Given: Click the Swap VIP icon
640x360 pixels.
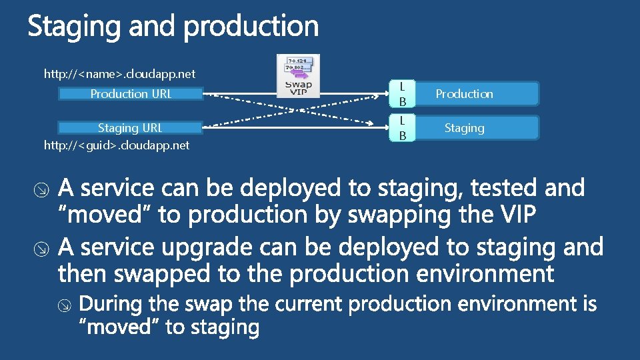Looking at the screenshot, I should pyautogui.click(x=298, y=75).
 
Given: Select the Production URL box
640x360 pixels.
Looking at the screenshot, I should pyautogui.click(x=131, y=94).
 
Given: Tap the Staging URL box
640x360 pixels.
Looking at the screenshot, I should pyautogui.click(x=131, y=127).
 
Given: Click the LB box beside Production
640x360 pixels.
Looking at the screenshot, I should pyautogui.click(x=402, y=94).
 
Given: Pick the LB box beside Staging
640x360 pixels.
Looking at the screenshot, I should pyautogui.click(x=402, y=127).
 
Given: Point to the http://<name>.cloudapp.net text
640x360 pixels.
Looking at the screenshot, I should pyautogui.click(x=119, y=74).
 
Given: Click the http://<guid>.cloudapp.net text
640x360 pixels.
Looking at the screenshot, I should pyautogui.click(x=117, y=145).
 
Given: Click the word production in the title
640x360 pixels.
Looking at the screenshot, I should pyautogui.click(x=251, y=27).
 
